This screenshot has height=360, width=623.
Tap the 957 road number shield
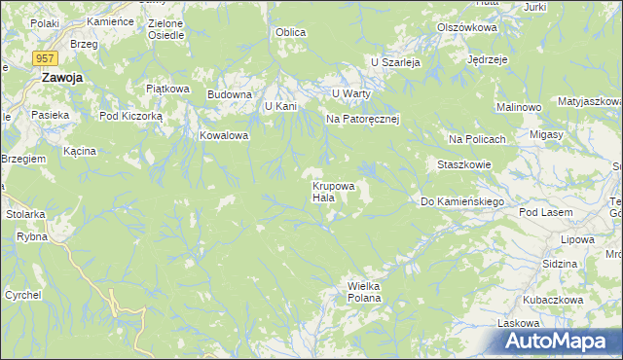45,59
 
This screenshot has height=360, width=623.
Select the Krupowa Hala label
333,191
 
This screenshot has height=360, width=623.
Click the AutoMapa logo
558,341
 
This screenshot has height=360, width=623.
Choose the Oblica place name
290,32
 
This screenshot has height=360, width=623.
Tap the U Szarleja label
394,61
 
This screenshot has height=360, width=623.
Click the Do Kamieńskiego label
460,201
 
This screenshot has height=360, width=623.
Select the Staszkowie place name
464,164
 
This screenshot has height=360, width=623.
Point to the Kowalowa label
225,135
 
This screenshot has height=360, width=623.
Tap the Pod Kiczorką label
131,115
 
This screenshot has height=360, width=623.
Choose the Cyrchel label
22,294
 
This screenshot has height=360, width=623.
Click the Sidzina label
560,264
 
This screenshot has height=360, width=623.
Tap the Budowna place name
230,94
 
